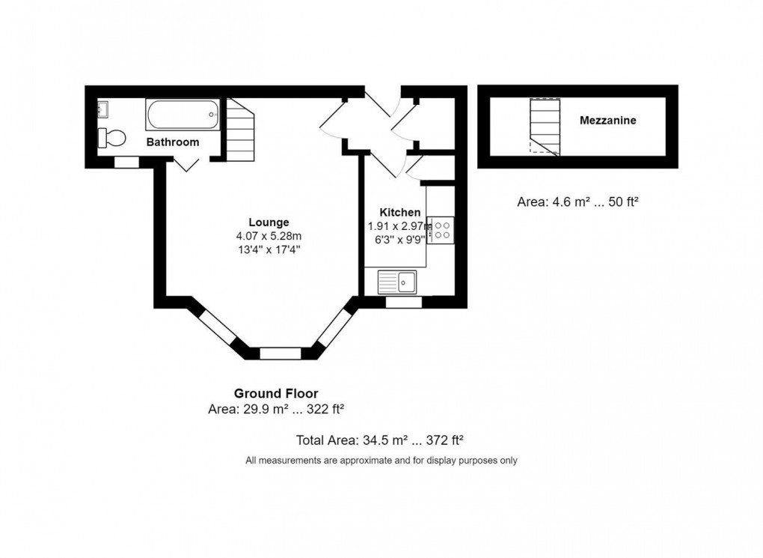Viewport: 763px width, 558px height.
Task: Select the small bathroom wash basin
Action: tap(102, 110)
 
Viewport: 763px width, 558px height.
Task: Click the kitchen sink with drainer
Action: tap(397, 282)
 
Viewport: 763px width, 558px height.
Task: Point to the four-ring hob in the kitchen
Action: tap(442, 229)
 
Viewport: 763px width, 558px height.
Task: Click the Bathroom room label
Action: tap(172, 142)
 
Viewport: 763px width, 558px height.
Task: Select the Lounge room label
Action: tap(269, 222)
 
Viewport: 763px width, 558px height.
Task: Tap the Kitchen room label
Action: tap(399, 212)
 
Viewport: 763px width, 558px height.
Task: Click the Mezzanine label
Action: tap(607, 120)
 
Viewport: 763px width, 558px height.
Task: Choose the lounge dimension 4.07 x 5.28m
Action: tap(269, 236)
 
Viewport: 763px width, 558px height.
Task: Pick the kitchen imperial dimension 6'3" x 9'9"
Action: tap(399, 240)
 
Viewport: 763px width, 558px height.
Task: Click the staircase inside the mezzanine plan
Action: tap(545, 127)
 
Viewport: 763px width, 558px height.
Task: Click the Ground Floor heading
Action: tap(276, 393)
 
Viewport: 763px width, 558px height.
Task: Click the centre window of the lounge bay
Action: tap(280, 353)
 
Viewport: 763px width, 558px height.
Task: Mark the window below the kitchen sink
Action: tap(403, 302)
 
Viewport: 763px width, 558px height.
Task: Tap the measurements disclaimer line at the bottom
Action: tap(381, 461)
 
